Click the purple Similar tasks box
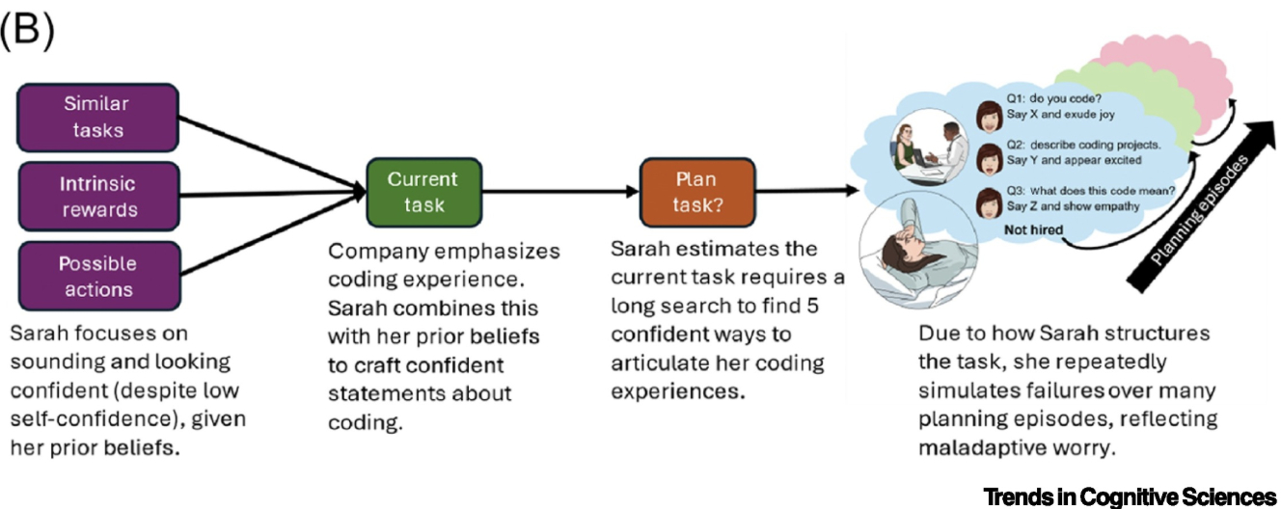(x=97, y=116)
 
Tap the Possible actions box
(x=97, y=276)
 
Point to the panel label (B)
(x=28, y=32)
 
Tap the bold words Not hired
(x=1035, y=229)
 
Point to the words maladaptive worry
(x=984, y=448)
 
